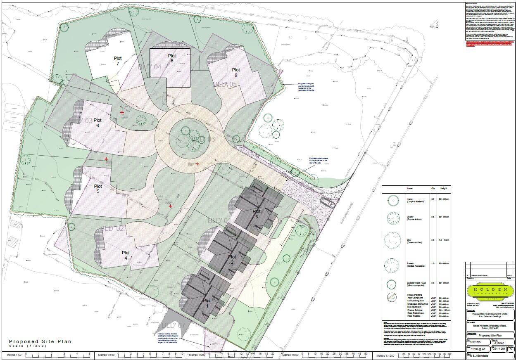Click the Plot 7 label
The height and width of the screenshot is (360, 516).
tap(118, 61)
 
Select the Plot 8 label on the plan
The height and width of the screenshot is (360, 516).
tap(171, 58)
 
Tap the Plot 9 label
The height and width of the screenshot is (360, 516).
tap(236, 72)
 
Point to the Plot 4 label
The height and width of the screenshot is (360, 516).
tap(126, 255)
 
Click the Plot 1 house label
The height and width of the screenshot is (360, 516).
tap(207, 303)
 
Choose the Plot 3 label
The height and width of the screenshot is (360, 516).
tap(257, 214)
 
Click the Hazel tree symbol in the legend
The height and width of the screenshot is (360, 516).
tap(394, 201)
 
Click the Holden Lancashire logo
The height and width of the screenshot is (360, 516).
tap(490, 291)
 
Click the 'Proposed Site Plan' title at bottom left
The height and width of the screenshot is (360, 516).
tap(40, 341)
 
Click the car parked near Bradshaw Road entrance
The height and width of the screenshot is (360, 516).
tap(328, 202)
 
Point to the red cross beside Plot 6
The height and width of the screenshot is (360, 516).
tap(122, 112)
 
